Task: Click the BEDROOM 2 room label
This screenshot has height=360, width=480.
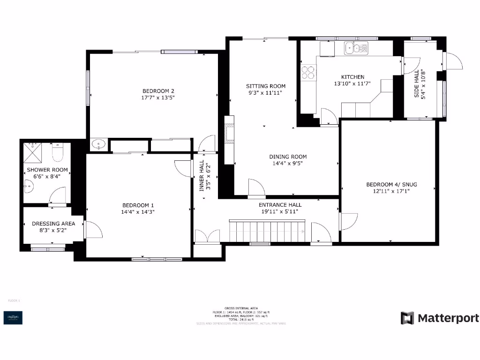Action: [158, 91]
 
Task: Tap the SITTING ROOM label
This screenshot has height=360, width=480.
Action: [266, 86]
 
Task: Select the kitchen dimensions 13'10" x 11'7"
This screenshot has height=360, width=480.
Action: [352, 83]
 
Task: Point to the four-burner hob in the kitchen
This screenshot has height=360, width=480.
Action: [308, 72]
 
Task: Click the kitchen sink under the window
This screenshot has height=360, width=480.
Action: [356, 48]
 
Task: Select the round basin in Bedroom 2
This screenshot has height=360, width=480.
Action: [98, 145]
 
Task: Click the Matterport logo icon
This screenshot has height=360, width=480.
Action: [407, 318]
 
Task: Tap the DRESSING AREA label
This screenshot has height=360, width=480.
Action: [53, 224]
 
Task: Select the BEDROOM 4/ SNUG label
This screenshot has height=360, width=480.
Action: [391, 185]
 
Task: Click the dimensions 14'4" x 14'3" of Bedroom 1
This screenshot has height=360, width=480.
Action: [138, 212]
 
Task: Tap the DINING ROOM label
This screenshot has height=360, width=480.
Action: [288, 157]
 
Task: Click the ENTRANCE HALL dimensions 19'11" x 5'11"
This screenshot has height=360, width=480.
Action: [280, 211]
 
